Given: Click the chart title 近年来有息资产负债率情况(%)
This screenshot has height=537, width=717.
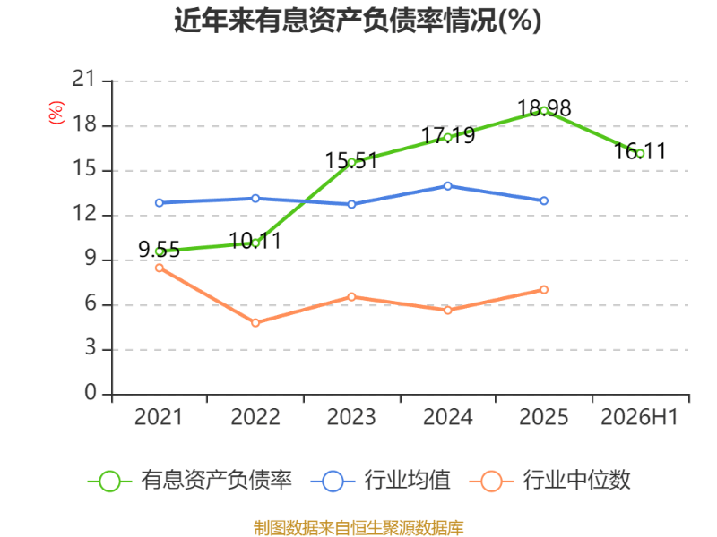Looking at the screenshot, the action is point(358,21).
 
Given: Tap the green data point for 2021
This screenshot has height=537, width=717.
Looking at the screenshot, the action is point(160,251).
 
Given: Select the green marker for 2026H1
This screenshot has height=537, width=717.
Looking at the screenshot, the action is point(640,154).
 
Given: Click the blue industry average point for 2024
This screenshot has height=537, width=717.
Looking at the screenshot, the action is point(447,186).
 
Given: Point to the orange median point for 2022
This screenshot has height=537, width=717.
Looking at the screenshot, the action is point(255,323).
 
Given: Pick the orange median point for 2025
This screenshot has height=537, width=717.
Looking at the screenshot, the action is point(544,289).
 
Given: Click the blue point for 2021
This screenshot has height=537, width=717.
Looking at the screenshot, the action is point(160,203).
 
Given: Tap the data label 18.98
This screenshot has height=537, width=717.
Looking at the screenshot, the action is point(544,108).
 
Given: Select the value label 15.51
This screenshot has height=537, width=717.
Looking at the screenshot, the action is point(351,161).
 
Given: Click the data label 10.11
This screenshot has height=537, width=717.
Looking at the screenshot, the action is point(255,241).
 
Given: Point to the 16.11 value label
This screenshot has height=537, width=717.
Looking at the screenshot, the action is point(640,151).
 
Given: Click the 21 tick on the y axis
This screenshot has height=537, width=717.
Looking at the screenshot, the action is point(83,79).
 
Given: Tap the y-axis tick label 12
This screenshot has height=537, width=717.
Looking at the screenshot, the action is point(84,213).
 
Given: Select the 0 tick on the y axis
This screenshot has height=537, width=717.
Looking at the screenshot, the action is point(91,392).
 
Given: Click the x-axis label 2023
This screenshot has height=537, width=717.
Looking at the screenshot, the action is point(351,417).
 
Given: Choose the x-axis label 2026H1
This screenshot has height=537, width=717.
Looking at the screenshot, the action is point(639,417).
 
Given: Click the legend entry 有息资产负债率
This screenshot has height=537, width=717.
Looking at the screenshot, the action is point(190,481).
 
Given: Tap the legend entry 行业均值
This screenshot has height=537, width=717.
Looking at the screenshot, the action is point(380,481).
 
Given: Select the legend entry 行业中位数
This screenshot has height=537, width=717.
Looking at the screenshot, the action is point(550,481).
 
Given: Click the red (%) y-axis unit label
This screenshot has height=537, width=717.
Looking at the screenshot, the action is point(56,113).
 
